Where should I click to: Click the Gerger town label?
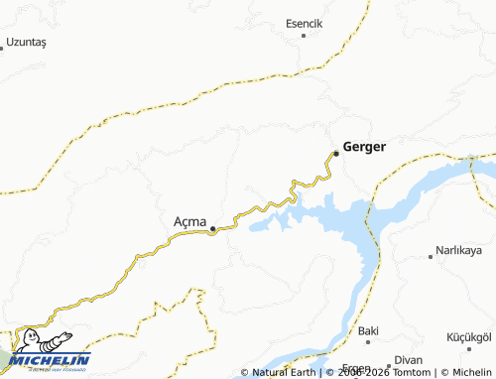[364, 146]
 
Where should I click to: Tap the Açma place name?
[188, 220]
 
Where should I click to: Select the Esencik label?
[306, 23]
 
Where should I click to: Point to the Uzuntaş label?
[27, 43]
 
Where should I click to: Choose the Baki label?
[368, 330]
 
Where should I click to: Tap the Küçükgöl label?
[470, 337]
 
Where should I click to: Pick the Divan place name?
[409, 359]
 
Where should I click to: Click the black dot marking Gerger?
[336, 153]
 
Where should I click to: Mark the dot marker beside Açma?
[212, 228]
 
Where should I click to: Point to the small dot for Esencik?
[305, 36]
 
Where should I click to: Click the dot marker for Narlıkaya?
[430, 256]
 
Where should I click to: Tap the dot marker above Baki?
[368, 318]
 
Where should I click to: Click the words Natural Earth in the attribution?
[285, 372]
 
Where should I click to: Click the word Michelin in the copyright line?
[470, 372]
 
